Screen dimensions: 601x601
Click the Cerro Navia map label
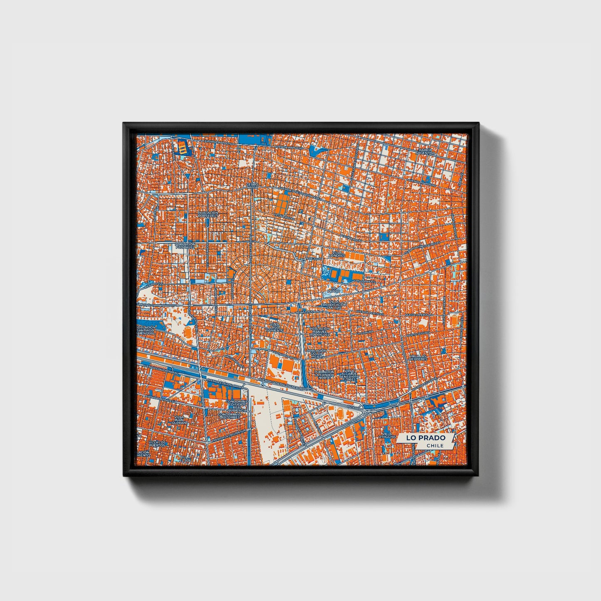(252, 185)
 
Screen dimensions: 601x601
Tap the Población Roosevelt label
(208, 215)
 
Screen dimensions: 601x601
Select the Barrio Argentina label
(425, 151)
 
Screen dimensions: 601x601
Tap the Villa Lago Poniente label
(276, 327)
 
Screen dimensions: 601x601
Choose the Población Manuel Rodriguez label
(320, 331)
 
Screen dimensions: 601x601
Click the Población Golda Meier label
(317, 353)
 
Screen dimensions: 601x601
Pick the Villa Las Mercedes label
(418, 358)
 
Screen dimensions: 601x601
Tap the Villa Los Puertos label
(157, 443)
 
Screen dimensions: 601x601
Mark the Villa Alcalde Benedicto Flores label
(348, 375)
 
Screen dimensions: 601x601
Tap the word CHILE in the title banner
(435, 445)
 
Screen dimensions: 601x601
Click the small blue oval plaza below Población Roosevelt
(208, 223)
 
